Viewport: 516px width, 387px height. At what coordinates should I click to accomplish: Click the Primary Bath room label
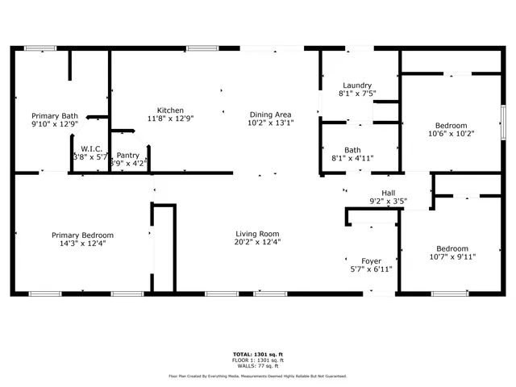pyautogui.click(x=54, y=115)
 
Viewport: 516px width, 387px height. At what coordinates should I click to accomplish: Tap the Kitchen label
pyautogui.click(x=170, y=110)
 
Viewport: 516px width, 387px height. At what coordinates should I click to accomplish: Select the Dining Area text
pyautogui.click(x=269, y=114)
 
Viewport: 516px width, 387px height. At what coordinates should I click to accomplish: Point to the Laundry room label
pyautogui.click(x=356, y=85)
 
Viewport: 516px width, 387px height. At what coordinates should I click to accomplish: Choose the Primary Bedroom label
pyautogui.click(x=78, y=235)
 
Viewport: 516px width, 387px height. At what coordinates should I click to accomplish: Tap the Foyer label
pyautogui.click(x=371, y=261)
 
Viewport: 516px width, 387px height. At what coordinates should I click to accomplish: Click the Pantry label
pyautogui.click(x=128, y=155)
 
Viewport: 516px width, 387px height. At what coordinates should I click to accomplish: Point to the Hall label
pyautogui.click(x=388, y=193)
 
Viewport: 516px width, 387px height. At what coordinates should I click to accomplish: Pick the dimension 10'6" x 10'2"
pyautogui.click(x=451, y=134)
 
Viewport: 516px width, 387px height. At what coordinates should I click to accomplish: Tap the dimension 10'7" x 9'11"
pyautogui.click(x=451, y=257)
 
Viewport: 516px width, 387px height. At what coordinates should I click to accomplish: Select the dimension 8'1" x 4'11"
pyautogui.click(x=352, y=159)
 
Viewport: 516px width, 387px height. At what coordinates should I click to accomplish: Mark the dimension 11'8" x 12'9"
pyautogui.click(x=170, y=119)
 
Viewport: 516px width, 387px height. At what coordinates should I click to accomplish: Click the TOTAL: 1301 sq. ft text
pyautogui.click(x=257, y=354)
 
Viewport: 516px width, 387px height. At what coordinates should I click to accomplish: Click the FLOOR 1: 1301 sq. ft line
pyautogui.click(x=257, y=360)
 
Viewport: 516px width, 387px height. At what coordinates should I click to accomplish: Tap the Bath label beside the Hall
pyautogui.click(x=352, y=150)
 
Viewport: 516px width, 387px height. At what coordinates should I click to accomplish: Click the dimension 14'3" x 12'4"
pyautogui.click(x=78, y=243)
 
